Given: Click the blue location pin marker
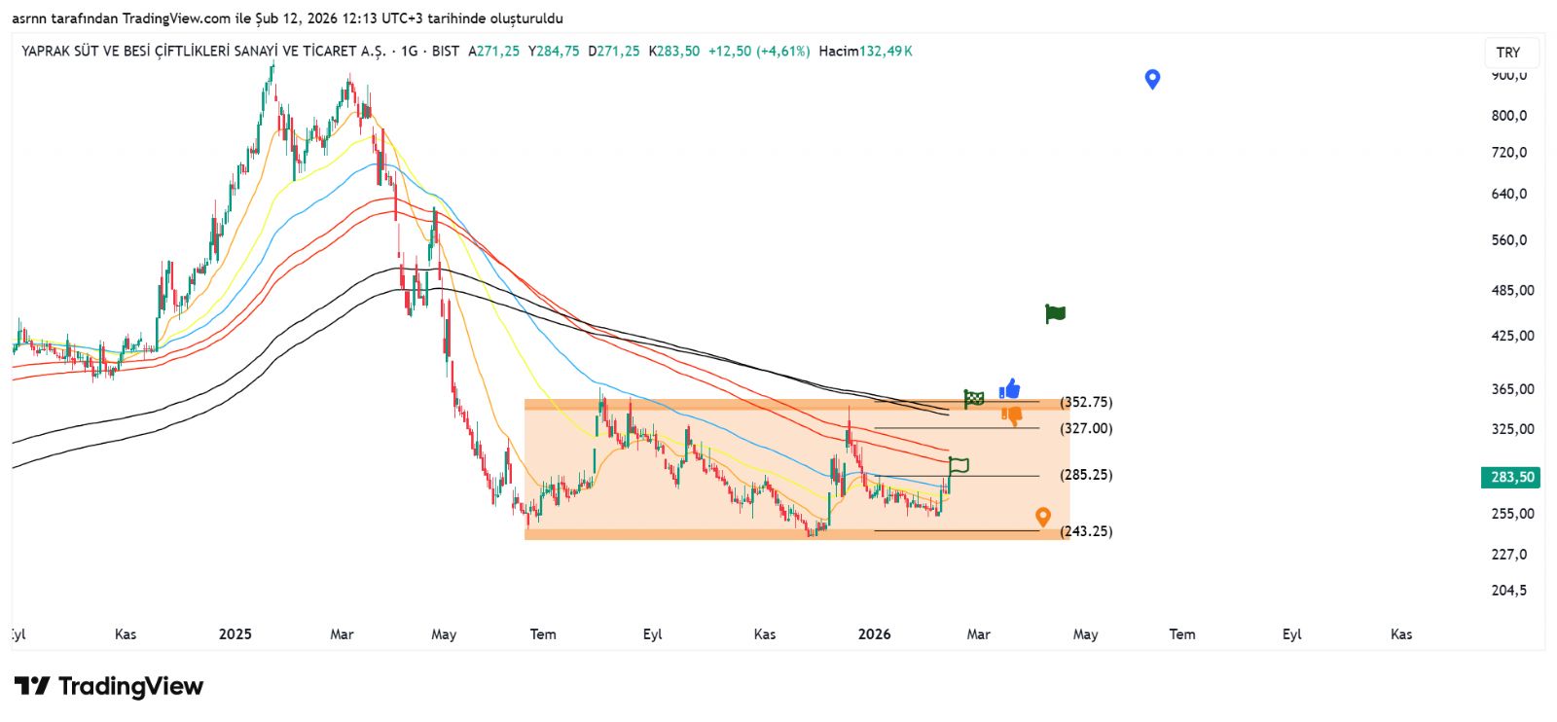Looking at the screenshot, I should coord(1152,79).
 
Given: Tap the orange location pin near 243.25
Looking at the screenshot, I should coord(1043,517).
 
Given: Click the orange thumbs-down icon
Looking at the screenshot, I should coord(1012,416).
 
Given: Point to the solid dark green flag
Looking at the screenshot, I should coord(1055,313).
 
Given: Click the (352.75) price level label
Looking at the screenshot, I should coord(1086,402).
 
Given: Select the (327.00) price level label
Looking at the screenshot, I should coord(1086,428).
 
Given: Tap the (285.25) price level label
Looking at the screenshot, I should coord(1086,475).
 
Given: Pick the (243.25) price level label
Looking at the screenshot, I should coord(1086,531).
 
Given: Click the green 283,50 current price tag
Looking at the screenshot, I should coord(1512,477).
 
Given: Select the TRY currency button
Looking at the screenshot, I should coord(1508,53).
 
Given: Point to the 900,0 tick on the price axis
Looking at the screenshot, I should coord(1509,75).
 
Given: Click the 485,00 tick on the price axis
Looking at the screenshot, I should coord(1512,290).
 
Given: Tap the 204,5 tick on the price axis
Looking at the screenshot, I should coord(1509,590).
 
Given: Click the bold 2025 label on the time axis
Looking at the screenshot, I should coord(235,634).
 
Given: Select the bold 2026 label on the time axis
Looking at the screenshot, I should coord(874,634).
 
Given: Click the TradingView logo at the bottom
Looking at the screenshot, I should coord(109,686).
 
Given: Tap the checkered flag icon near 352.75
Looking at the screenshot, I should coord(974,398).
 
